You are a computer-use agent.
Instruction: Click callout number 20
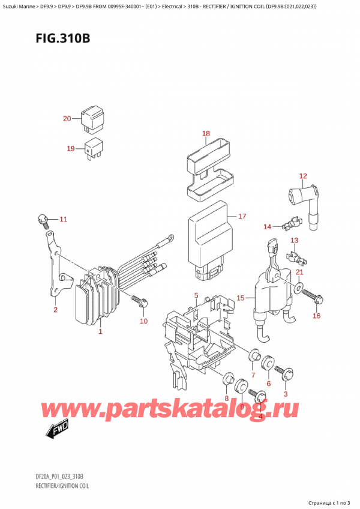pyautogui.click(x=67, y=118)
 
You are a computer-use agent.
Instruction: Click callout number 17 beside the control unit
pyautogui.click(x=242, y=216)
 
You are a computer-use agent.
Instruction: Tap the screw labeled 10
pyautogui.click(x=139, y=300)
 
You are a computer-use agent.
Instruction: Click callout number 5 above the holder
pyautogui.click(x=196, y=295)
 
